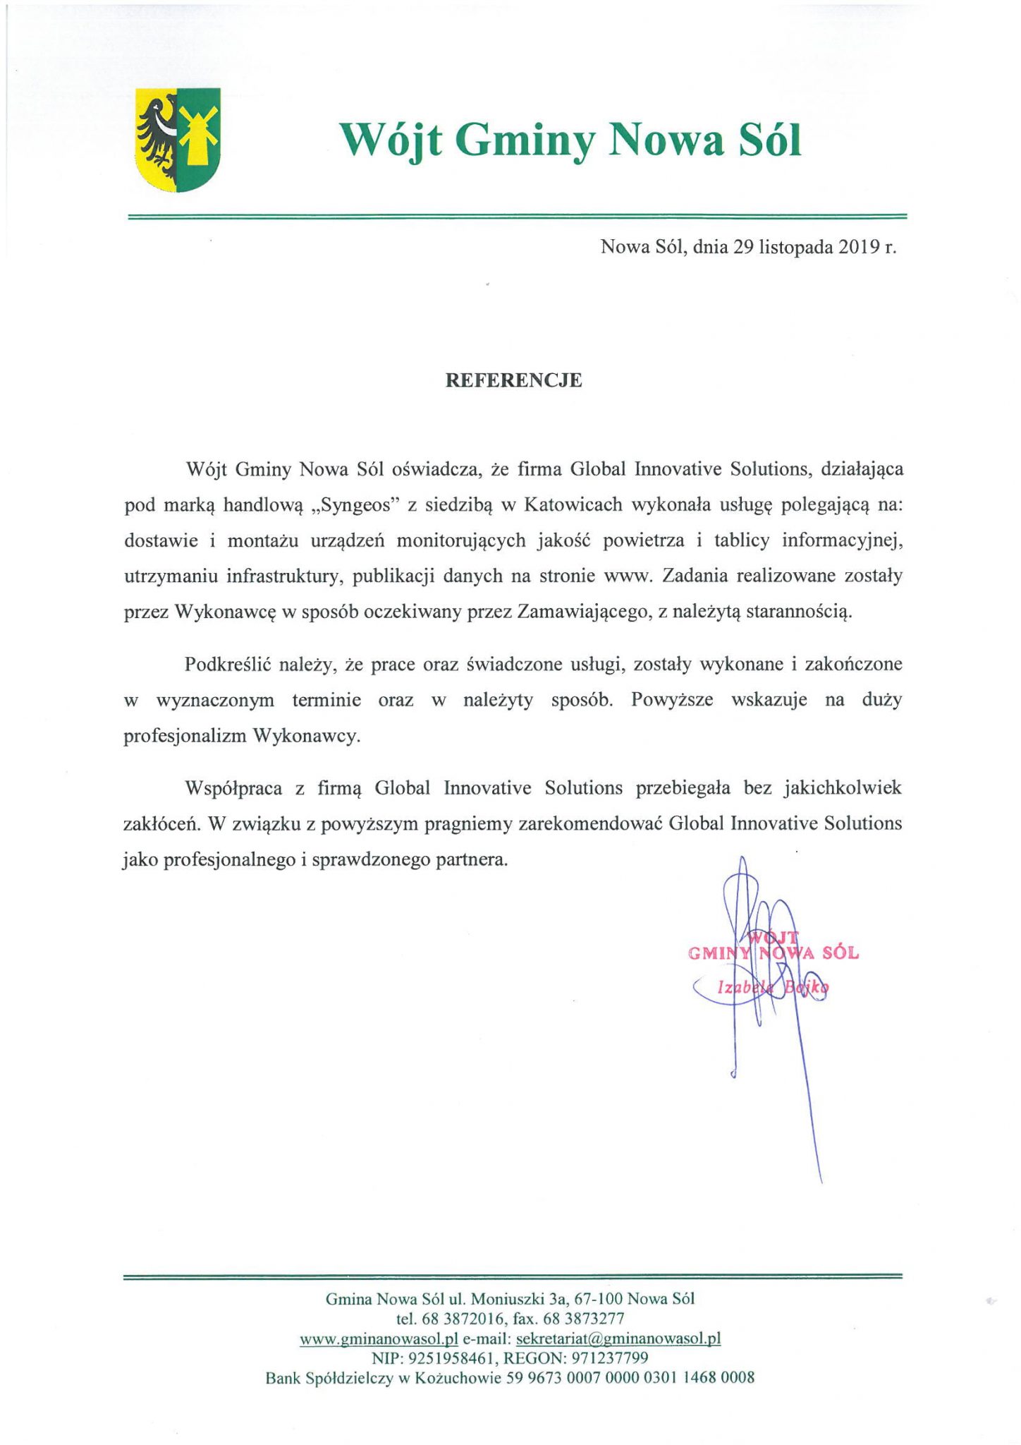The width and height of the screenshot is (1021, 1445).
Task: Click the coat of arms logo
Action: [x=178, y=140]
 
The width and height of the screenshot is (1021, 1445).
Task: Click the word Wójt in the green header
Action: [x=391, y=140]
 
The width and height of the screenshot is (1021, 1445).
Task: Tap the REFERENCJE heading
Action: [x=514, y=380]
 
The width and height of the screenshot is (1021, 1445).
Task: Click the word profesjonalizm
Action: [x=184, y=736]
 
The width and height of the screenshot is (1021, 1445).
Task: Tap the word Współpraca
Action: [x=233, y=788]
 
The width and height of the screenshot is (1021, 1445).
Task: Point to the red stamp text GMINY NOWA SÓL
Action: [x=773, y=953]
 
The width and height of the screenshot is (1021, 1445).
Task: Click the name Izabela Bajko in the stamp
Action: [x=772, y=988]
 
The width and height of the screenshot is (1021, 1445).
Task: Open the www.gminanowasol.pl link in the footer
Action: [x=379, y=1338]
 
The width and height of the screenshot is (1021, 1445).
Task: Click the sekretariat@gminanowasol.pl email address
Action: [x=618, y=1338]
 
